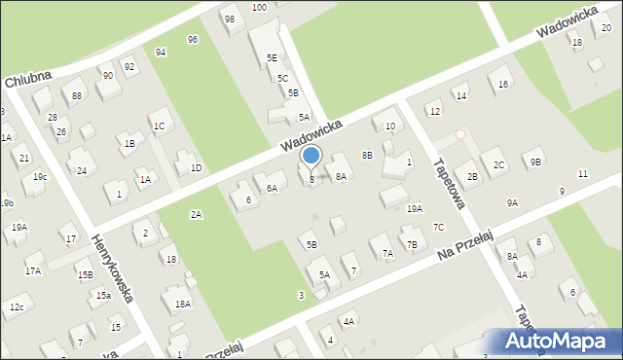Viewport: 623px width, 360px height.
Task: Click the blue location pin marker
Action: pos(311,157)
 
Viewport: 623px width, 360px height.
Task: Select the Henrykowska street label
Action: pos(113,269)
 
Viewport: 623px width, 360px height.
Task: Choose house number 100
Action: pos(259,7)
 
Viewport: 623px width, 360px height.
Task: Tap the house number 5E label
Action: pos(273,58)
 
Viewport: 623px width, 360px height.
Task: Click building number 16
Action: pos(503,84)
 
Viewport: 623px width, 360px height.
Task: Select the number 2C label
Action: pos(498,165)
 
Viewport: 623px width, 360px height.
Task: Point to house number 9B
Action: pos(536,162)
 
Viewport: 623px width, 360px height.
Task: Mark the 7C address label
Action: pos(439,227)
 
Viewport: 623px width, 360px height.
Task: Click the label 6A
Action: pos(272,188)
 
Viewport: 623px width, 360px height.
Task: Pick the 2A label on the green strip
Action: pos(196,214)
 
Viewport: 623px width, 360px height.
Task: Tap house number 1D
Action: pos(196,167)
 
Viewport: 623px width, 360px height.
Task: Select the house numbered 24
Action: pos(82,170)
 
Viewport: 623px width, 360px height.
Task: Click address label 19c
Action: pos(40,176)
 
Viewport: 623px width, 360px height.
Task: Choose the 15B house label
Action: pos(86,275)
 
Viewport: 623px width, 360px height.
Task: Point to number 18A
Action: pos(181,305)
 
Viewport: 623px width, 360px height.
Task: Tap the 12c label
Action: pos(17,307)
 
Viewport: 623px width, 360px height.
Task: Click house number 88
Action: pos(76,94)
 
